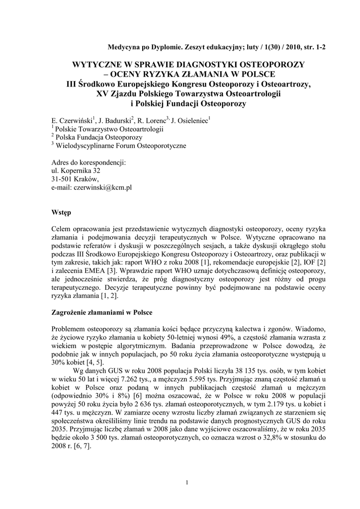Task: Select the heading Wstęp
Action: [61, 212]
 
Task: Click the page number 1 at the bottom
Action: [185, 483]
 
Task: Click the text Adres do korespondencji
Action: [89, 162]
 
